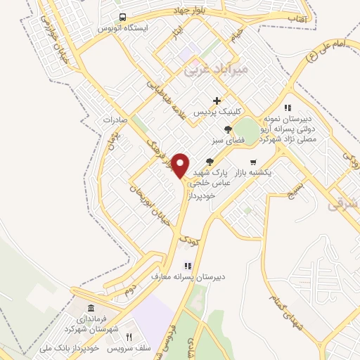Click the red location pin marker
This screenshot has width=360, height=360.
(181, 165)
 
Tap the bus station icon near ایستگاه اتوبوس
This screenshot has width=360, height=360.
(123, 17)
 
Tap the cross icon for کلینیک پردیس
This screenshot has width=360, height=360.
(217, 101)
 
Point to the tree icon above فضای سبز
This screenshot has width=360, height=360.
(228, 129)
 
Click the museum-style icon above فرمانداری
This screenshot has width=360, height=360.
(92, 309)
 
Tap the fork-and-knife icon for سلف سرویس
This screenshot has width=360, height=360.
(129, 337)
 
